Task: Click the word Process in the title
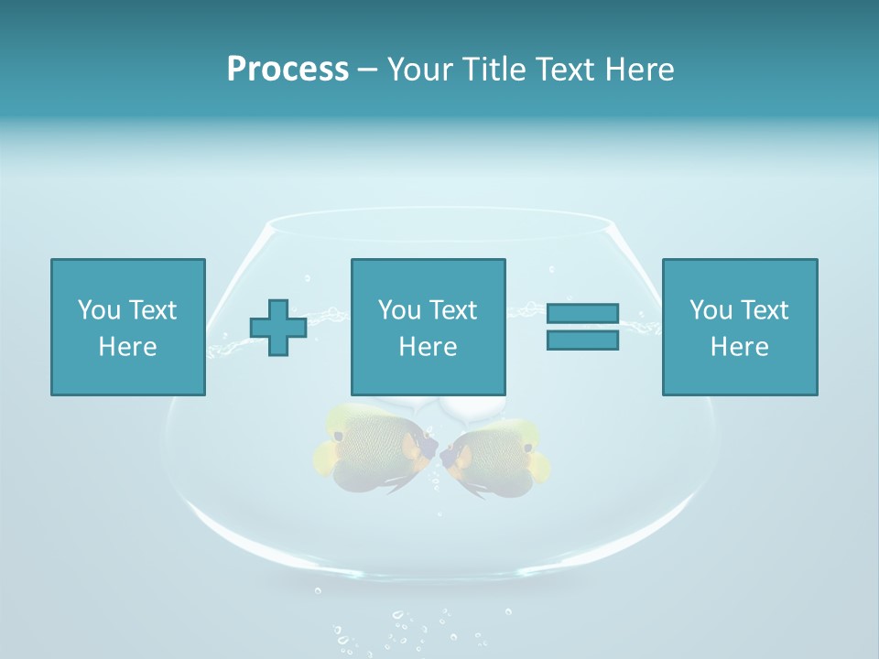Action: pos(288,70)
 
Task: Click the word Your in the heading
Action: pos(420,70)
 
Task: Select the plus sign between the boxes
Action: pos(278,327)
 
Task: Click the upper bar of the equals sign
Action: pos(582,314)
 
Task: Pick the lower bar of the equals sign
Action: pos(582,340)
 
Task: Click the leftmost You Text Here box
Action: pos(128,327)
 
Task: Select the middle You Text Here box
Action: pos(429,327)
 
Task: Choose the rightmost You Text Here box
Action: pos(740,327)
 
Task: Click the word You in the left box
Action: pos(99,310)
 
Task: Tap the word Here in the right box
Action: pos(740,347)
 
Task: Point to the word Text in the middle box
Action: pos(453,310)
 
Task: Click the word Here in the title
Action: pos(638,70)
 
